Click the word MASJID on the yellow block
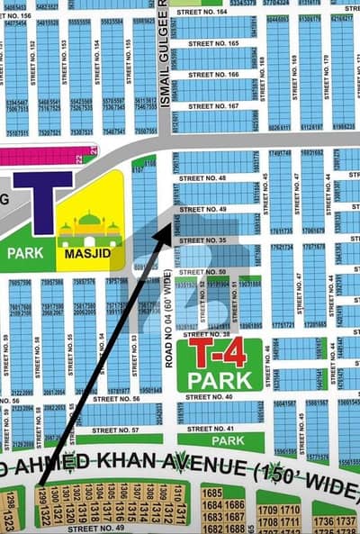[89, 254]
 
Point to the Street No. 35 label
[211, 240]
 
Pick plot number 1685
[212, 493]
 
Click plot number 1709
[269, 510]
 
